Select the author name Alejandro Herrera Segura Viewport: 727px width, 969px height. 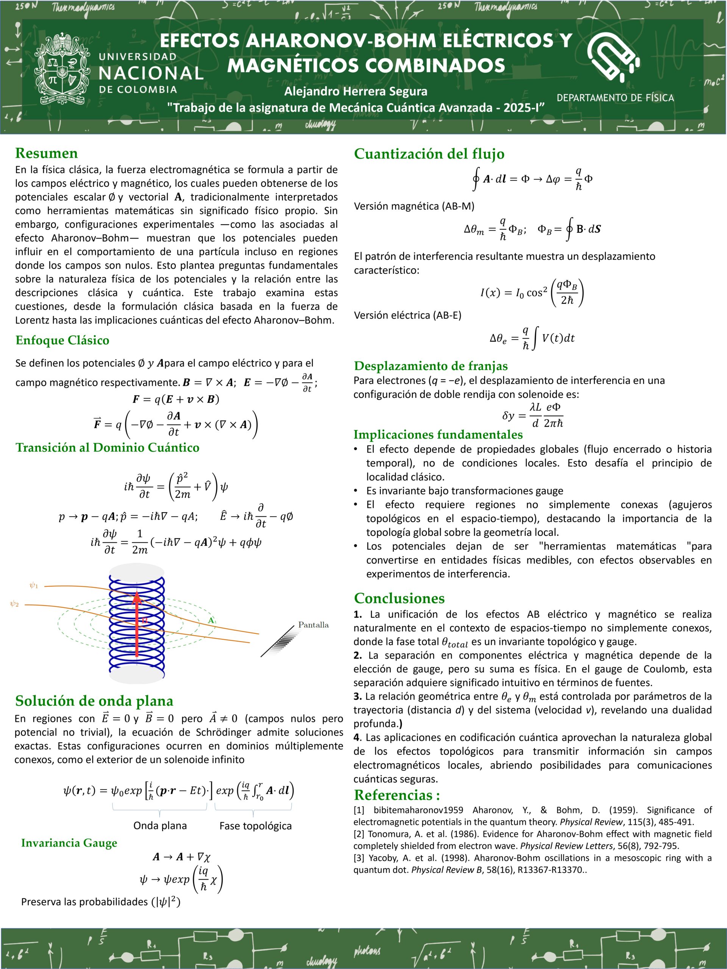click(x=356, y=91)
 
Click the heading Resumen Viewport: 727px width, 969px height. click(x=47, y=153)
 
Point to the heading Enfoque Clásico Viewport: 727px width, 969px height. click(x=62, y=340)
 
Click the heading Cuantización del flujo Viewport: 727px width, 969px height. click(x=429, y=154)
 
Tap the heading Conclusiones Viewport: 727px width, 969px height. click(x=399, y=598)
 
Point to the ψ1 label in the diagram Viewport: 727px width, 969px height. click(x=34, y=585)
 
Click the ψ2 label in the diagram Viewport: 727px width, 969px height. click(x=14, y=604)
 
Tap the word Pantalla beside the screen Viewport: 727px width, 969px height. click(x=313, y=625)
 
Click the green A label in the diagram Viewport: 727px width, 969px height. click(x=211, y=620)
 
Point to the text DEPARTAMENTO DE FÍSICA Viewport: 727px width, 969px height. click(x=615, y=98)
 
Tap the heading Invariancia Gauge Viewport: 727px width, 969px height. click(x=69, y=843)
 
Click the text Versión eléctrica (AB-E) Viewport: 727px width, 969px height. click(x=407, y=315)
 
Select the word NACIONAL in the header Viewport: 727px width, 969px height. click(x=151, y=73)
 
